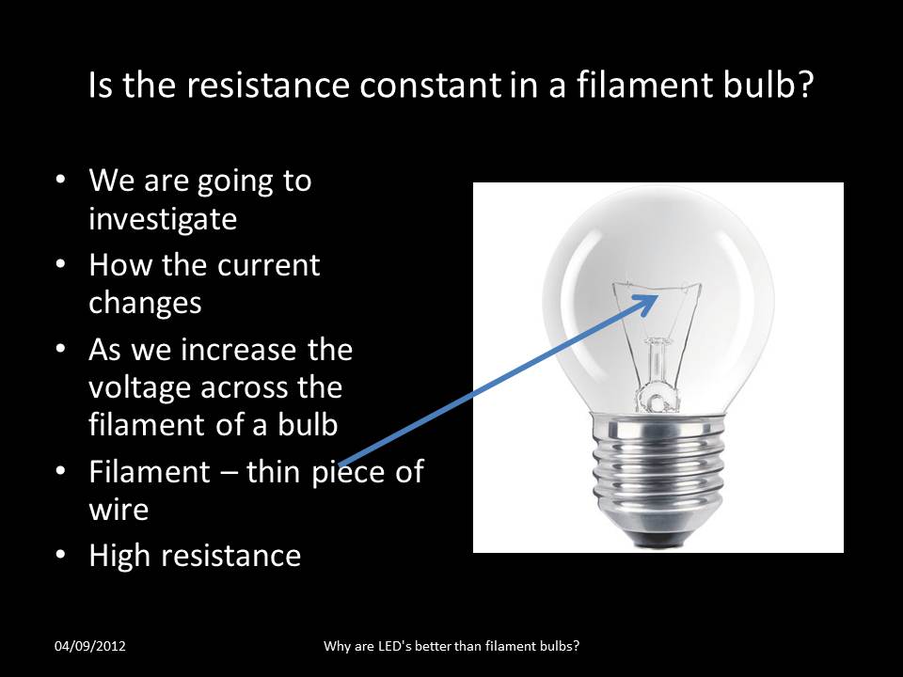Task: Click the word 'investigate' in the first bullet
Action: click(163, 219)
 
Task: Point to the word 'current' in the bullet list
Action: click(269, 266)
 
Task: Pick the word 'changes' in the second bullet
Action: click(145, 303)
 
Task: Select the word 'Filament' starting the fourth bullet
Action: click(150, 472)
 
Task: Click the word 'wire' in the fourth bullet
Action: click(119, 510)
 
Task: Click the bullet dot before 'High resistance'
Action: click(61, 556)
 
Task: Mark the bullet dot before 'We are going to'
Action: click(61, 181)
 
